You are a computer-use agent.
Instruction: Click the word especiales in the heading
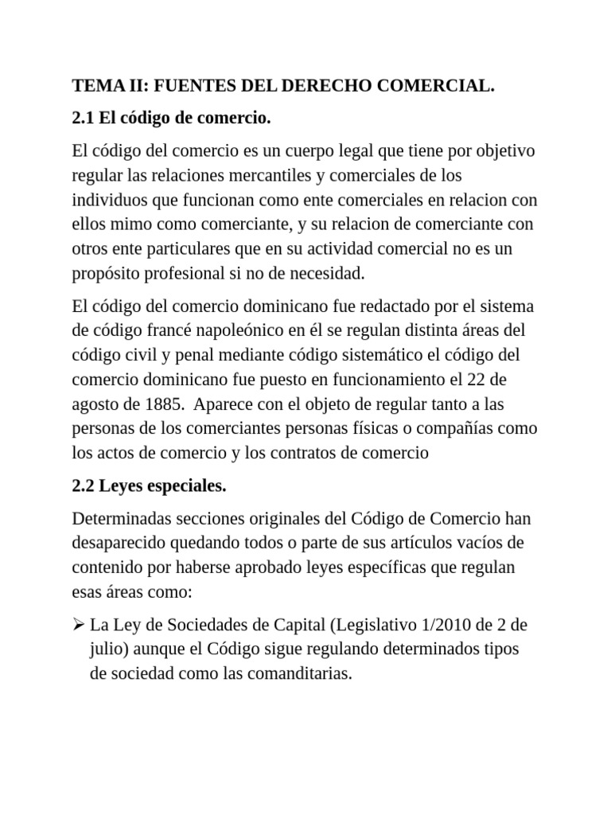180,486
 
